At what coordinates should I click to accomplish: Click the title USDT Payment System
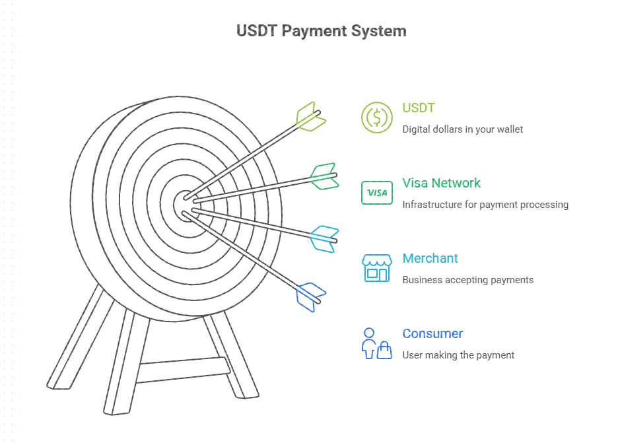[x=321, y=31]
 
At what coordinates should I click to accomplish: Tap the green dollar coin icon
[x=376, y=118]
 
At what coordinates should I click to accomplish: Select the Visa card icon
[x=376, y=193]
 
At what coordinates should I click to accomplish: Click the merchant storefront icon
[x=376, y=268]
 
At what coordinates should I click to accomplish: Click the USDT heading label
[x=419, y=108]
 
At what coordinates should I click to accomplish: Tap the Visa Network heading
[x=441, y=183]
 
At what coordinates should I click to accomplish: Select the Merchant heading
[x=430, y=258]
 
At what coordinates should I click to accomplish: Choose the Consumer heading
[x=432, y=333]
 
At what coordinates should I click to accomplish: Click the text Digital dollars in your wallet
[x=462, y=129]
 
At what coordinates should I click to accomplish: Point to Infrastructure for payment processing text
[x=485, y=205]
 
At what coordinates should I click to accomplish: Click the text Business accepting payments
[x=467, y=280]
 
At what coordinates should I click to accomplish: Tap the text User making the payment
[x=458, y=355]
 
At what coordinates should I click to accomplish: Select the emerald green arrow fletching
[x=324, y=176]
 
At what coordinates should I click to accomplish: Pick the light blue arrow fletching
[x=324, y=238]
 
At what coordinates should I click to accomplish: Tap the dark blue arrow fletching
[x=311, y=296]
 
